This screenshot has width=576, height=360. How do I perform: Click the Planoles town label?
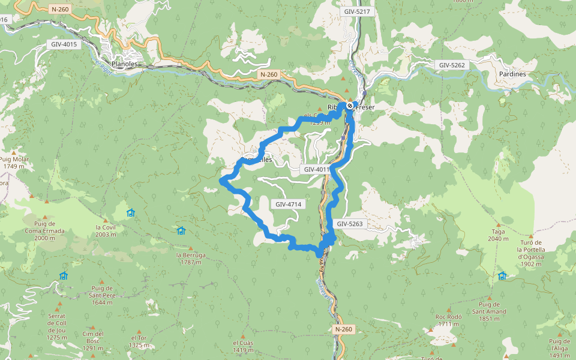click(x=125, y=64)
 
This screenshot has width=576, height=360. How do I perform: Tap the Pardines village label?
click(x=512, y=74)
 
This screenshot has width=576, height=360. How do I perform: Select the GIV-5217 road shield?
click(x=357, y=12)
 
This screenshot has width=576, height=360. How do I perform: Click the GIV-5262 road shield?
click(x=451, y=65)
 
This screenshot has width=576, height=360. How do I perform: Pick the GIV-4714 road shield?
click(x=288, y=205)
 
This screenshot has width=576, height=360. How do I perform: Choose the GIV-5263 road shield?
click(x=349, y=224)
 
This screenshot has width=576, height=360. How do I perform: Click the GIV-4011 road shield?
click(x=316, y=170)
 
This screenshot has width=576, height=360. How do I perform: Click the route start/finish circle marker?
click(x=350, y=106)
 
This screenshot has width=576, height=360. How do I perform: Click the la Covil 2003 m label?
click(x=105, y=230)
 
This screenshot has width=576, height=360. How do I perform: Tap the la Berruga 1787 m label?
click(x=191, y=258)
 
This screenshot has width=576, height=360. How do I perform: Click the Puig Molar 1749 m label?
click(x=14, y=163)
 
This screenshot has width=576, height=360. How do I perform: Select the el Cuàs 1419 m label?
click(x=243, y=346)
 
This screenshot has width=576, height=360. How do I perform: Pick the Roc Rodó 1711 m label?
click(x=448, y=320)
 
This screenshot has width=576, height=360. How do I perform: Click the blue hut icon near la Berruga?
click(x=181, y=231)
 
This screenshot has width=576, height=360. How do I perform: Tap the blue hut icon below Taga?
click(x=502, y=275)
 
